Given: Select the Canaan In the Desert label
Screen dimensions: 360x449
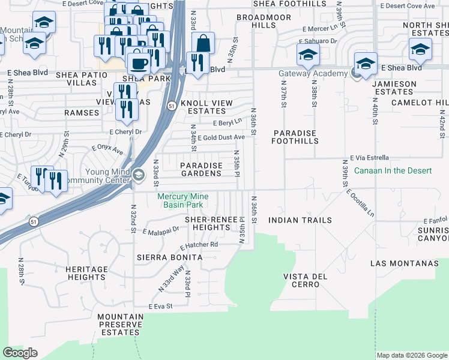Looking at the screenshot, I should (x=393, y=171).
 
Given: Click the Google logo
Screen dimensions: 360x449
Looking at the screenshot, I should (x=20, y=353).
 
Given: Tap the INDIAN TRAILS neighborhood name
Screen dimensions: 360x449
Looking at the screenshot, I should (x=300, y=221).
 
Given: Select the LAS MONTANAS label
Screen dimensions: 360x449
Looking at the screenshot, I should (x=405, y=263).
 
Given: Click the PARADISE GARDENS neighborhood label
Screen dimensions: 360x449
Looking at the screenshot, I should (x=202, y=169).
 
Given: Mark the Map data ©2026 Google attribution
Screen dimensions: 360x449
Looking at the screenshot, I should (x=412, y=355).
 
